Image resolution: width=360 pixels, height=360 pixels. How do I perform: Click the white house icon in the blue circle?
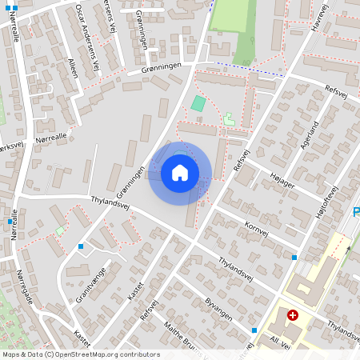point(180,173)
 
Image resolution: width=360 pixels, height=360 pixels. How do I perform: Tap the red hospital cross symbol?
point(293,316)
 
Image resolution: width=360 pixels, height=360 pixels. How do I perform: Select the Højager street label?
point(282,181)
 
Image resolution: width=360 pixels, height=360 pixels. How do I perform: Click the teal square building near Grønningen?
point(198,104)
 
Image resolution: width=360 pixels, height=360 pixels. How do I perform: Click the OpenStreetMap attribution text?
point(81,354)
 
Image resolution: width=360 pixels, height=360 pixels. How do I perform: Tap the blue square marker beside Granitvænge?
point(81,246)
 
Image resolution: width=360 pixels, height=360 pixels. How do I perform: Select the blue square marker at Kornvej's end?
point(294,258)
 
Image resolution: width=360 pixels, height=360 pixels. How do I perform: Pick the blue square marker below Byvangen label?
point(254,330)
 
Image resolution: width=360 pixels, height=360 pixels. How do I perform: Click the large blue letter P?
point(356,213)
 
